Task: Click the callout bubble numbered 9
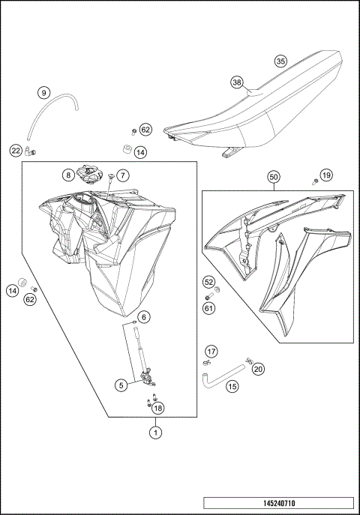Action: coord(44,93)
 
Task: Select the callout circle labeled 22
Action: coord(16,151)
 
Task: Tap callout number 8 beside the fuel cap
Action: coord(67,175)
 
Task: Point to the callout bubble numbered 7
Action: coord(123,175)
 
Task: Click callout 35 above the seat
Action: coord(280,61)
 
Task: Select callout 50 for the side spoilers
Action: coord(274,177)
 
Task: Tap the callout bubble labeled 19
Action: coord(325,175)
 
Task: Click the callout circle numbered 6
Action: coord(142,316)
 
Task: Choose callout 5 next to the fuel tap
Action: coord(121,385)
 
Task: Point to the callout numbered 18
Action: coord(156,408)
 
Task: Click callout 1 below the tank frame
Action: coord(155,431)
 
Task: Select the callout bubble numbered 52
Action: coord(208,282)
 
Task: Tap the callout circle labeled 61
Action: coord(208,307)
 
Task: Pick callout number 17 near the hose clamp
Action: coord(211,351)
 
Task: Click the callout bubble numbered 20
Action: coord(258,369)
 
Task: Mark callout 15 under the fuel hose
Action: coord(232,387)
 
